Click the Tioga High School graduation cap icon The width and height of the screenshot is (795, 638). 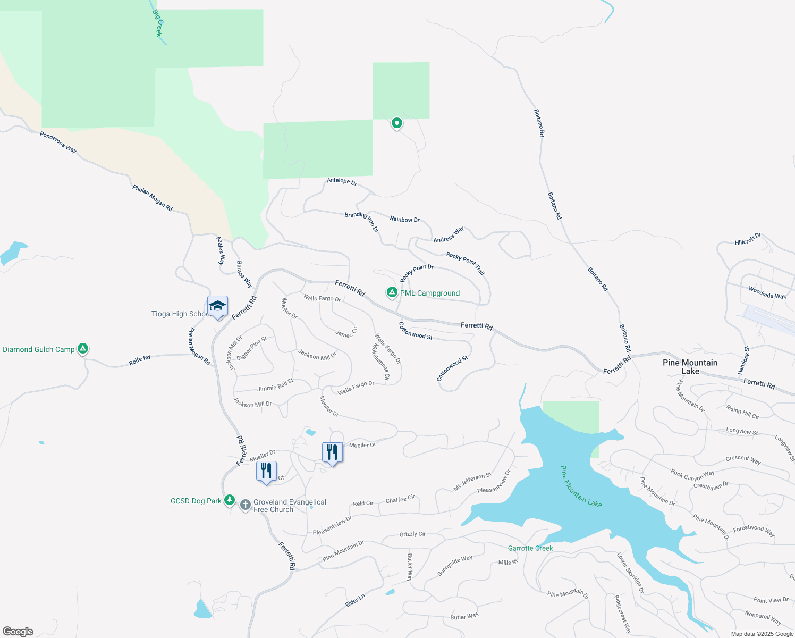pos(217,306)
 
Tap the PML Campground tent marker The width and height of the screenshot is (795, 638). pos(392,292)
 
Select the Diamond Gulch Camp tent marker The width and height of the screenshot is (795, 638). pos(82,349)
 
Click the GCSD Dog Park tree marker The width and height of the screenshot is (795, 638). pos(229,500)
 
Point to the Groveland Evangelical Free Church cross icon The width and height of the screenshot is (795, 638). pos(245,505)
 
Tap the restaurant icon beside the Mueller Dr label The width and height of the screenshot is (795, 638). pos(332,452)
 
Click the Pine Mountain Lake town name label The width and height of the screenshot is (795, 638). pos(690,367)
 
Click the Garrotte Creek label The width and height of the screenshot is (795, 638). pos(530,548)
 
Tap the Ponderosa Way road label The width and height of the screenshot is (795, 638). pos(58,142)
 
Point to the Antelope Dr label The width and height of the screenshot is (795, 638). pos(342,181)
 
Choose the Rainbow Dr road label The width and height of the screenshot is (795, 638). pos(404,219)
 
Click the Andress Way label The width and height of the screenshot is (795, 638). pos(449,234)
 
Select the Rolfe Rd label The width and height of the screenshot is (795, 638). pos(139,360)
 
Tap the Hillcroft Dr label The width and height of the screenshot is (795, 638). pos(748,239)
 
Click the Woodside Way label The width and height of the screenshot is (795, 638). pos(767,292)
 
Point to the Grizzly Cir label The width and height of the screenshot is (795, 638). pos(412,534)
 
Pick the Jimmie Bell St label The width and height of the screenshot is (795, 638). pos(275,385)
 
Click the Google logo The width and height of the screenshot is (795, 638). pos(18,631)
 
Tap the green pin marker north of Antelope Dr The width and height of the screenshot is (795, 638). pos(396,123)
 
